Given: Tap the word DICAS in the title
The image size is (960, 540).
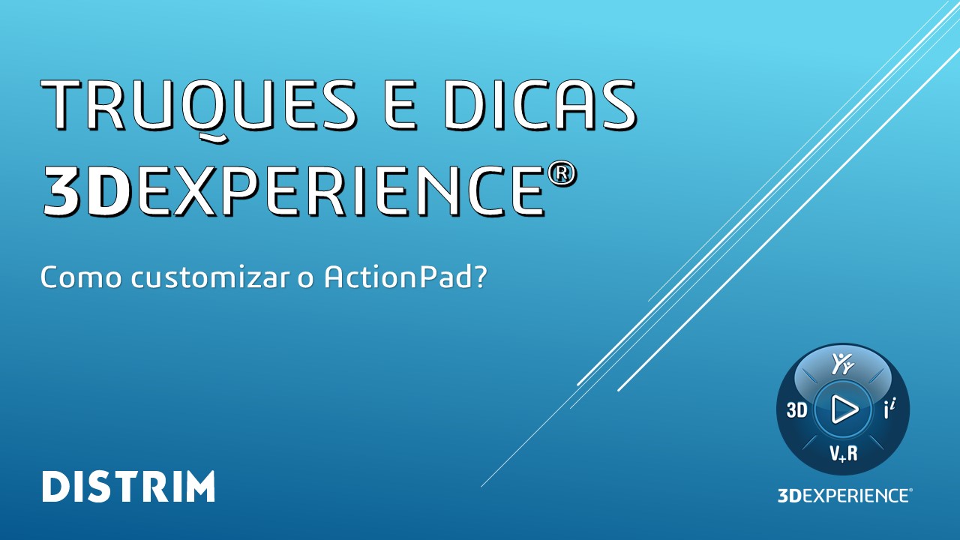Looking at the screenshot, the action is point(539,105).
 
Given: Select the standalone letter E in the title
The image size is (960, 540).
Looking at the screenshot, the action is point(400,105).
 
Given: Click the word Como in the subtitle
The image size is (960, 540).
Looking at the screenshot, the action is point(81,277).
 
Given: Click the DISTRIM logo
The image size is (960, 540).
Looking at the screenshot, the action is point(128,487).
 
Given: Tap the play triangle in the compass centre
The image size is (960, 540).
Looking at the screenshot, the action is point(844,409).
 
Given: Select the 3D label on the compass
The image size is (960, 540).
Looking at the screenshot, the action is point(796,410).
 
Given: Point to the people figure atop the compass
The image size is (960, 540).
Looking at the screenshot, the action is point(842,364).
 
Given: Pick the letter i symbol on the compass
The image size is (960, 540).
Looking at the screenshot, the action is point(889,409).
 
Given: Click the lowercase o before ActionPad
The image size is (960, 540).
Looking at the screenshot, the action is point(305,280).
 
